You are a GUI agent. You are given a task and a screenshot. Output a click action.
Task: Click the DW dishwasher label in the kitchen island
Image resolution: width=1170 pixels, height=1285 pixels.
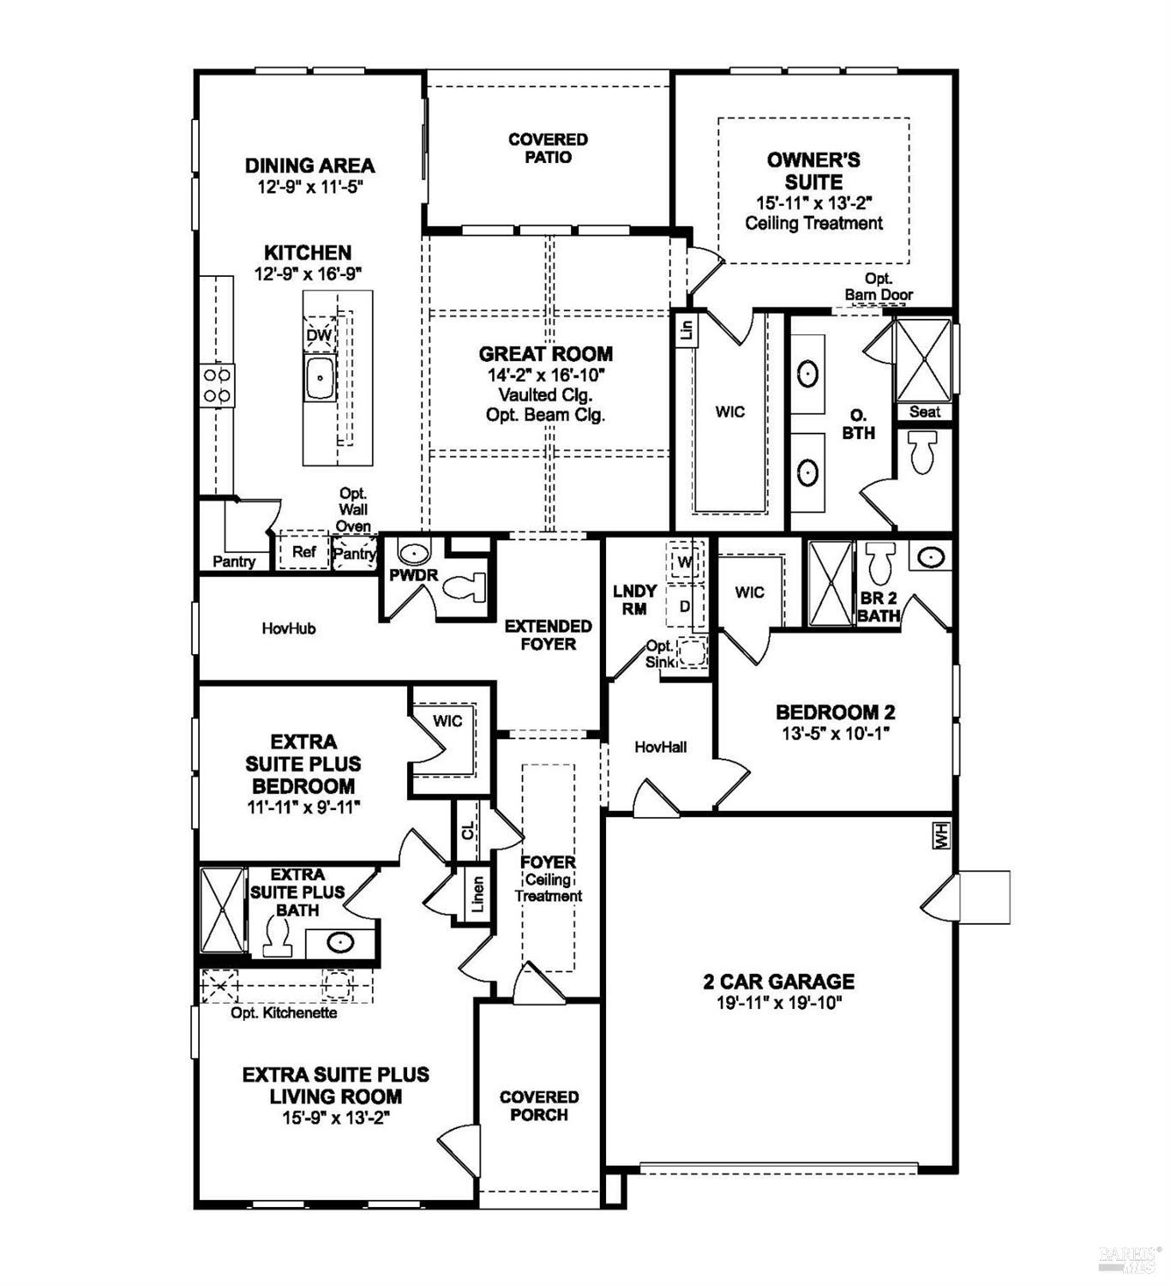pos(319,335)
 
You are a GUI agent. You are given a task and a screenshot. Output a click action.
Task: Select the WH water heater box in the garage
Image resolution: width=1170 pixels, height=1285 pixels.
pos(942,836)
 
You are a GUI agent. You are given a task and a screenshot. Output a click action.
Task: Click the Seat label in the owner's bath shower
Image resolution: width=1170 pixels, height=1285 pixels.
pos(924,411)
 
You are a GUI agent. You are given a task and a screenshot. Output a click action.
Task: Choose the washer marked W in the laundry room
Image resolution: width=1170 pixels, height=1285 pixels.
pos(685,562)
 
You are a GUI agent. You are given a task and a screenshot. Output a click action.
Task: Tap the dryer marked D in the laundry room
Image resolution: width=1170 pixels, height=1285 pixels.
pos(685,606)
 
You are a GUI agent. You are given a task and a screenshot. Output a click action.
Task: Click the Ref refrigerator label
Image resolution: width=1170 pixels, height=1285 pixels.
pos(303,552)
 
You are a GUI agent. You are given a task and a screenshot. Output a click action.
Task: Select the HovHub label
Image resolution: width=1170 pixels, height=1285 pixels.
pos(289,628)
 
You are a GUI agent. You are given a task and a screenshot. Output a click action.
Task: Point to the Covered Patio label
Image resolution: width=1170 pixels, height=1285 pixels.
pos(548,148)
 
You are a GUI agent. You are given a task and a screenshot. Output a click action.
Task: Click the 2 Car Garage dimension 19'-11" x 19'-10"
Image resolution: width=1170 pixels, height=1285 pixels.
pos(779,1004)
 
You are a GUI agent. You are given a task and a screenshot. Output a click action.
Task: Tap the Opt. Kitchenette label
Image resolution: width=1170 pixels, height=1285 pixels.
pos(284,1013)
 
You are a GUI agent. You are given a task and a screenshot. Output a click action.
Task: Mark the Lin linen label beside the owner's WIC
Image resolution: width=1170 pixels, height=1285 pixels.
pos(686,329)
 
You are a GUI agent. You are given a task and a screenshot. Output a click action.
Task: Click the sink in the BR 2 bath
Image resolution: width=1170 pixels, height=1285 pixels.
pos(929,557)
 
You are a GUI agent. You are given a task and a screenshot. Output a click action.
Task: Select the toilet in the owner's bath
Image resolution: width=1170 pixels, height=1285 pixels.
pos(922,453)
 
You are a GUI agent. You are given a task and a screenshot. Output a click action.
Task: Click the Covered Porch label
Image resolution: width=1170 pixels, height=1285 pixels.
pos(538,1106)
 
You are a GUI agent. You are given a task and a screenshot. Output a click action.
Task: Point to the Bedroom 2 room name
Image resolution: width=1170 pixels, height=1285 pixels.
pos(835,712)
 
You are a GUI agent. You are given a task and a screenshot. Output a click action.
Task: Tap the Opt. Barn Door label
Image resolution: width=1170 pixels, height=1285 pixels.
pos(879,287)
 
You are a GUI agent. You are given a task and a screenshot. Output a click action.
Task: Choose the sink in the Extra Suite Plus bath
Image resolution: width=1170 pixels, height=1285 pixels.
pos(340,943)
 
